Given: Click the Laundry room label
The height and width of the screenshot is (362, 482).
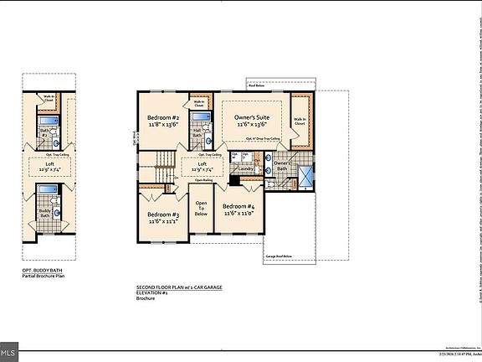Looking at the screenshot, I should (245, 168).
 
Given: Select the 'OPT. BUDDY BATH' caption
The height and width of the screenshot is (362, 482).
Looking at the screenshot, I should (42, 271).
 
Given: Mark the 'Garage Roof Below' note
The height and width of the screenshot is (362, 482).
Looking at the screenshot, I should (278, 256).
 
